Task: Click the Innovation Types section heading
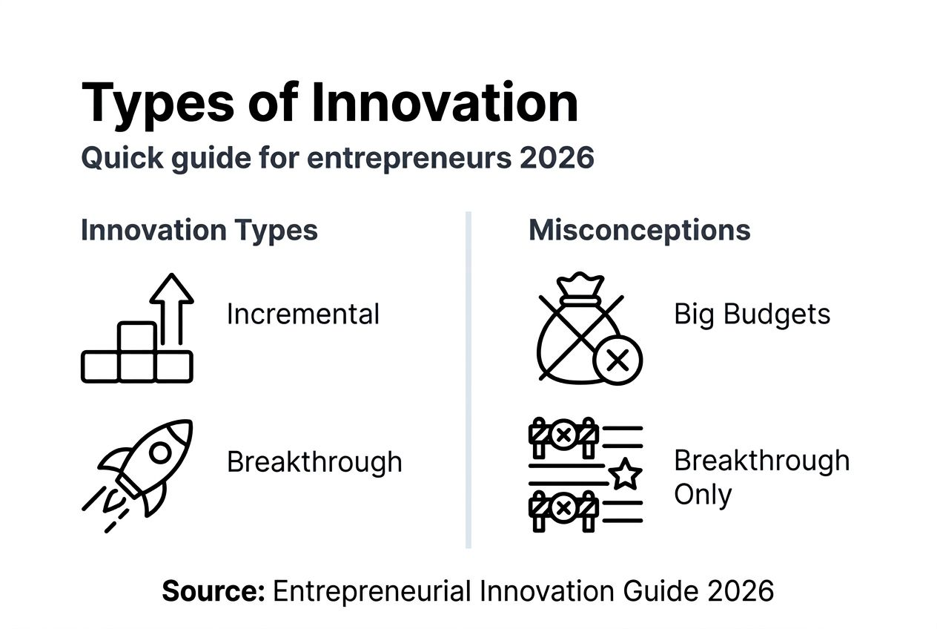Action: click(x=199, y=230)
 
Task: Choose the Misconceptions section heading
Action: click(x=639, y=230)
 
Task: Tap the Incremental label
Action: click(x=302, y=314)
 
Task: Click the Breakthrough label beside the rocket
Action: click(x=314, y=461)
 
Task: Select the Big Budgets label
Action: click(x=752, y=314)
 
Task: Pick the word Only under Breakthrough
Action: click(x=702, y=495)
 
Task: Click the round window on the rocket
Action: click(x=159, y=452)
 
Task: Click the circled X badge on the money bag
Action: click(x=618, y=360)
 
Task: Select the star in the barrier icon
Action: click(x=625, y=473)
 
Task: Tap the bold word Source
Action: click(x=213, y=591)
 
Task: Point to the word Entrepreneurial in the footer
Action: click(x=371, y=591)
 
